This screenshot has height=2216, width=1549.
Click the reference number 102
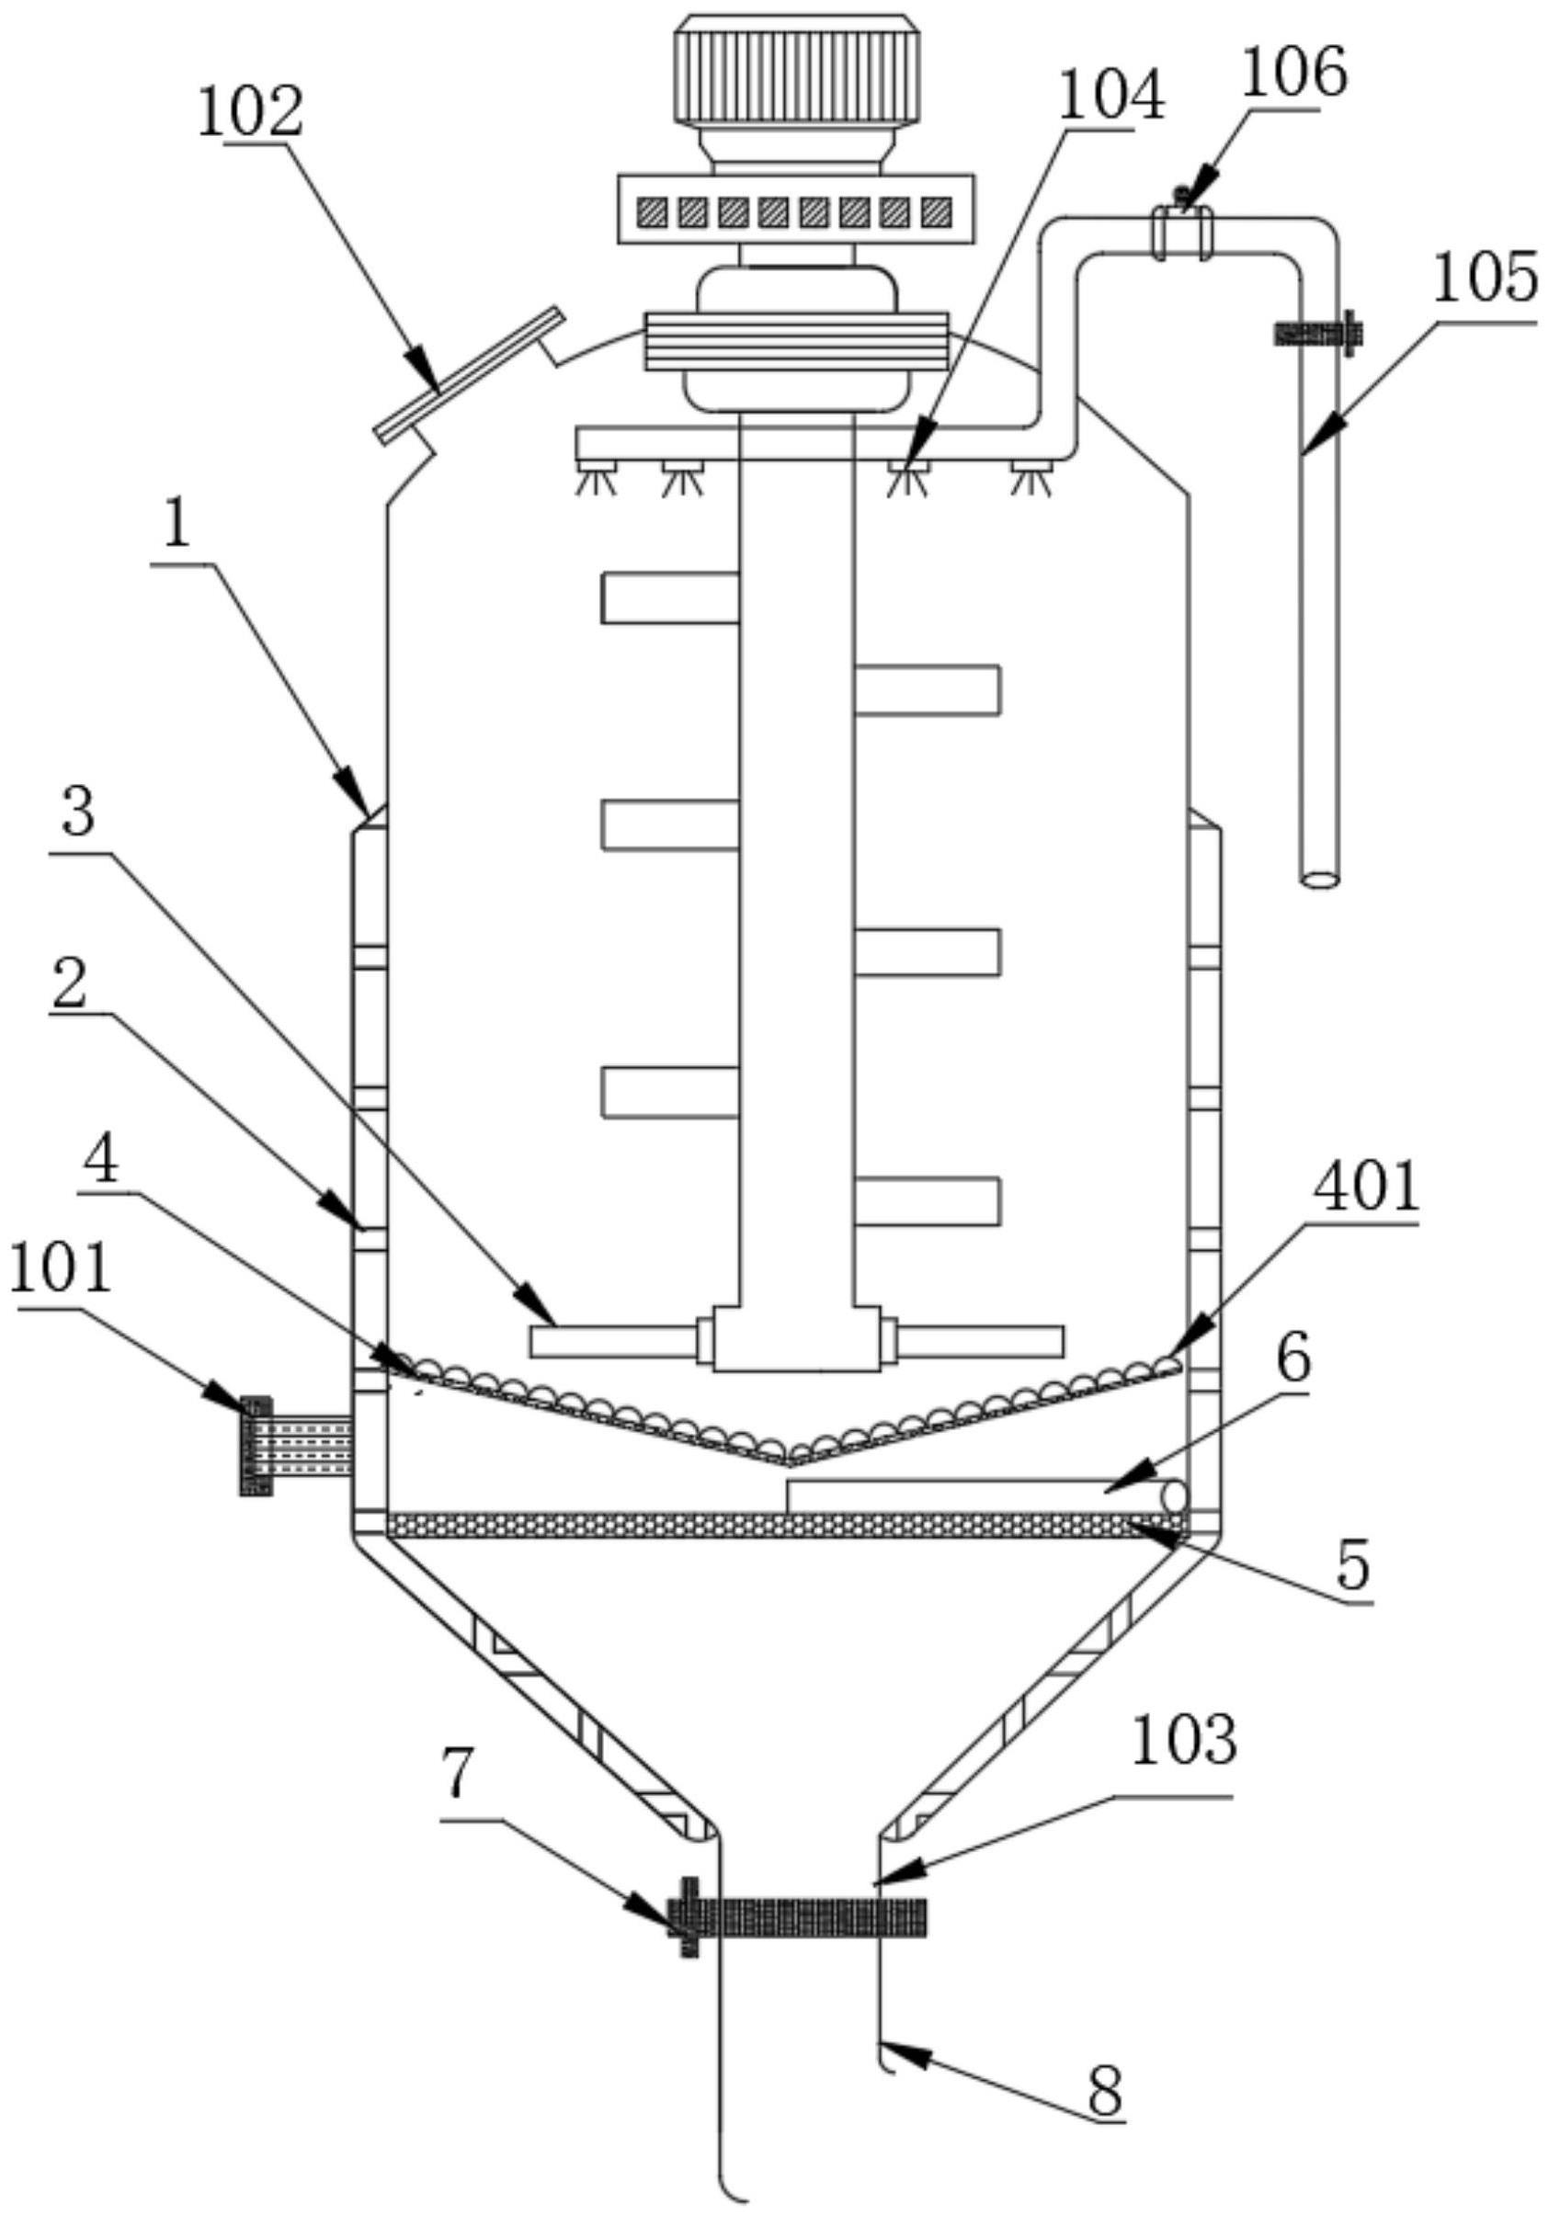coord(250,114)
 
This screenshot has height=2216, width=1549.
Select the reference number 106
coord(1293,75)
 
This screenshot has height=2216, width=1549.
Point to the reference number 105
coord(1485,282)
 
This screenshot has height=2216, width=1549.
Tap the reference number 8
coord(1105,2088)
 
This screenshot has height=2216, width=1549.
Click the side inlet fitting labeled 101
coord(290,1445)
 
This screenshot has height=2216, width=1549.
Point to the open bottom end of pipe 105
coord(1319,880)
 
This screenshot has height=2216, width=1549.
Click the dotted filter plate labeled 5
coord(781,1525)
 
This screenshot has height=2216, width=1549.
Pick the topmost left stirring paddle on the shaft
coord(670,597)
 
